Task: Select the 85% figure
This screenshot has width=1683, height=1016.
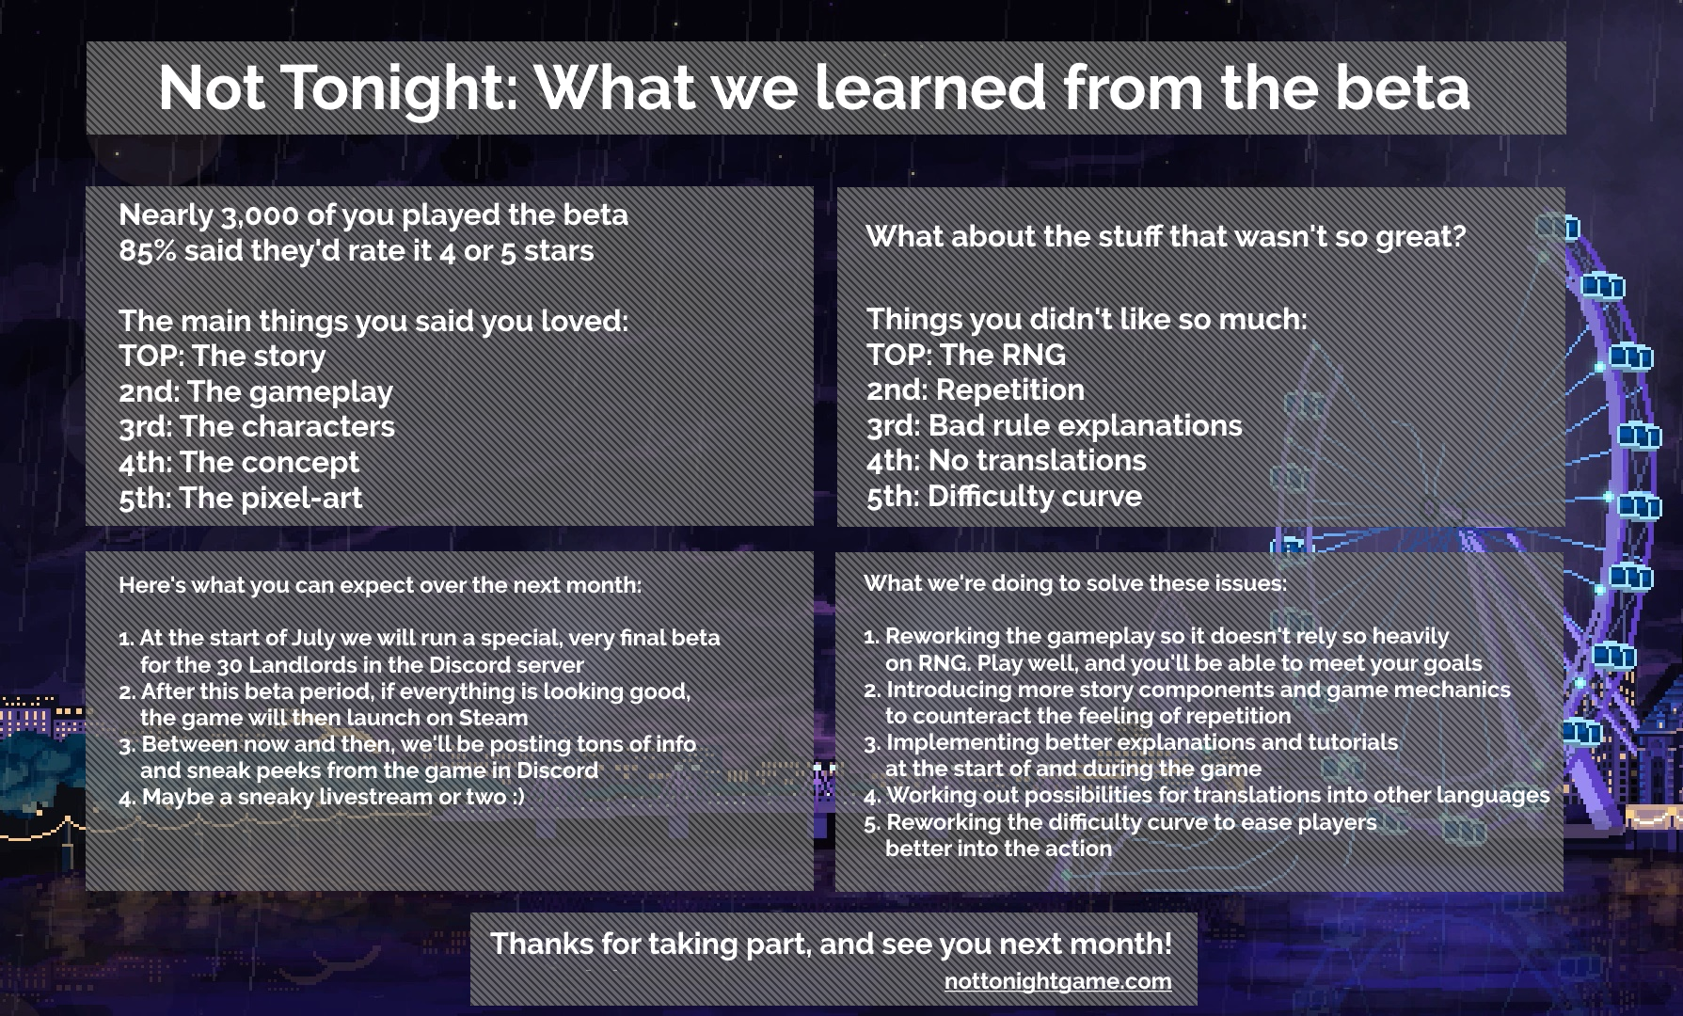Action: coord(148,251)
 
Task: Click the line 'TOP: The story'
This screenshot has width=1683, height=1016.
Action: coord(222,356)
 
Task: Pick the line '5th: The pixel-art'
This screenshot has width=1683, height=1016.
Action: coord(241,498)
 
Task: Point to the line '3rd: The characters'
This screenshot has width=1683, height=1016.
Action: coord(257,427)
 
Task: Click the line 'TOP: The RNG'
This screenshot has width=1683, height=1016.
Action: coord(966,355)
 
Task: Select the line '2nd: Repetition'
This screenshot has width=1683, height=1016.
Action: coord(976,389)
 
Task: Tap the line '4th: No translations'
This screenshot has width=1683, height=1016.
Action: coord(1007,460)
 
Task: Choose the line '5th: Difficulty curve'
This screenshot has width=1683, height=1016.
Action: coord(1004,496)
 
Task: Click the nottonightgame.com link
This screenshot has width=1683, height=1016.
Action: coord(1058,981)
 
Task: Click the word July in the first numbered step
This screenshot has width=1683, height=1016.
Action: coord(314,638)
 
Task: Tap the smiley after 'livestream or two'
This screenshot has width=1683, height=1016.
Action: coord(518,797)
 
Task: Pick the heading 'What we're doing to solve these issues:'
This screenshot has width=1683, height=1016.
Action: coord(1075,583)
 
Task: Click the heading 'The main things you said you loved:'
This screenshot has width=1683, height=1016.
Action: coord(373,321)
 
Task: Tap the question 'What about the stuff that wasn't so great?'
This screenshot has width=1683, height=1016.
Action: coord(1166,236)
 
